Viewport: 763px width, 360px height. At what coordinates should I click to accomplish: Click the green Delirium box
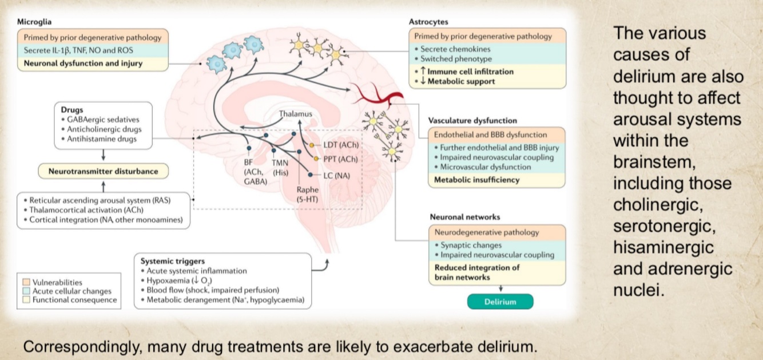coord(500,302)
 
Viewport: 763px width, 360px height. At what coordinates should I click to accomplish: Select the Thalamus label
coord(296,114)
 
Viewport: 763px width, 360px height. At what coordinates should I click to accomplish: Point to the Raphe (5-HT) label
coord(307,194)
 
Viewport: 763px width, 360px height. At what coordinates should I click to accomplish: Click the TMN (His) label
coord(280,167)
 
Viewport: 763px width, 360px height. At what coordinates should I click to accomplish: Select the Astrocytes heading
coord(428,21)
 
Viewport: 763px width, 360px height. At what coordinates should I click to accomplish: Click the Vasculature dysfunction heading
coord(472,121)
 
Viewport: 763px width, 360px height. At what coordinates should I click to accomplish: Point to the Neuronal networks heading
coord(464,217)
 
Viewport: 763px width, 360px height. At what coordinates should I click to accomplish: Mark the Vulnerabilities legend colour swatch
coord(25,282)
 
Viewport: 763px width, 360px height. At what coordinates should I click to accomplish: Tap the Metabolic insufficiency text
coord(476,180)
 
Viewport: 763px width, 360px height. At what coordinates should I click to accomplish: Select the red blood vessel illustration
coord(377,93)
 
